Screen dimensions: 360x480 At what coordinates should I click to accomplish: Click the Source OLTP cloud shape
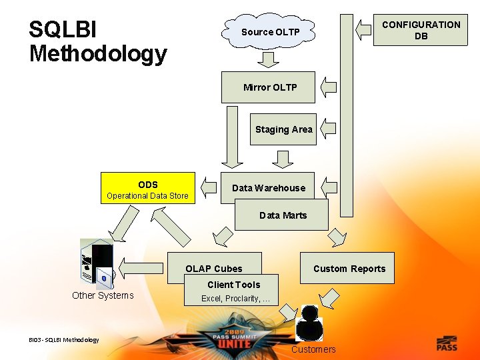click(x=271, y=32)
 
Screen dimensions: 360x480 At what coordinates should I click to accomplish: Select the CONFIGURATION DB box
click(x=421, y=30)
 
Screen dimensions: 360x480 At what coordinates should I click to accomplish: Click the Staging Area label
click(x=283, y=129)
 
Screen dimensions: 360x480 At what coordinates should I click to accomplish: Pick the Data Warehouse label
click(x=268, y=188)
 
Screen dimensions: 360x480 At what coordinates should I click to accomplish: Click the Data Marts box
click(x=283, y=215)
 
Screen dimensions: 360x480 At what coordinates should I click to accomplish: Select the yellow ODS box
click(x=147, y=189)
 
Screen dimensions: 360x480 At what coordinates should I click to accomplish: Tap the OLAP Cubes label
click(x=214, y=269)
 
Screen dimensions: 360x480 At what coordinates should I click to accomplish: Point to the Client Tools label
click(x=233, y=285)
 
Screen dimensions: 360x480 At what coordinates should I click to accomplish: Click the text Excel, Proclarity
click(x=236, y=299)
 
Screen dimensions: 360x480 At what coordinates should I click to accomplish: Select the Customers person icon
click(x=309, y=323)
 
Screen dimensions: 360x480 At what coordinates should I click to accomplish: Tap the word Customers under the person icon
click(x=313, y=349)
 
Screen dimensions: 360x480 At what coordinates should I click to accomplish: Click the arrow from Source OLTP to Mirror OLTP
click(x=269, y=59)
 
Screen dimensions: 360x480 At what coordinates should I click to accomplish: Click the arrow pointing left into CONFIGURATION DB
click(x=363, y=29)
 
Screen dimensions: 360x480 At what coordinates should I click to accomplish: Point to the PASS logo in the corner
click(x=447, y=343)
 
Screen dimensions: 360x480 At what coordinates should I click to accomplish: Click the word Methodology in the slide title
click(x=98, y=53)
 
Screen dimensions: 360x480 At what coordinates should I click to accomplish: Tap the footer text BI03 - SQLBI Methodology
click(x=64, y=340)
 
